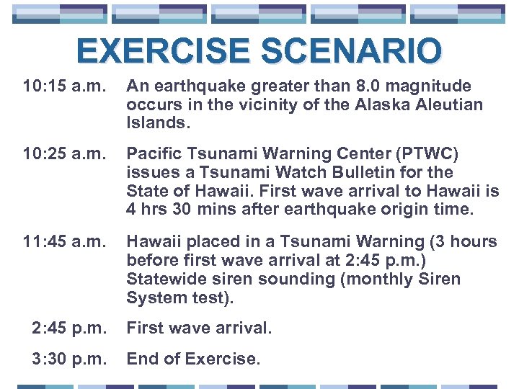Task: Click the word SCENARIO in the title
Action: [351, 52]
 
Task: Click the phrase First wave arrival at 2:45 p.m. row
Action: [199, 328]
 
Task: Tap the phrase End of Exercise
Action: [192, 359]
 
